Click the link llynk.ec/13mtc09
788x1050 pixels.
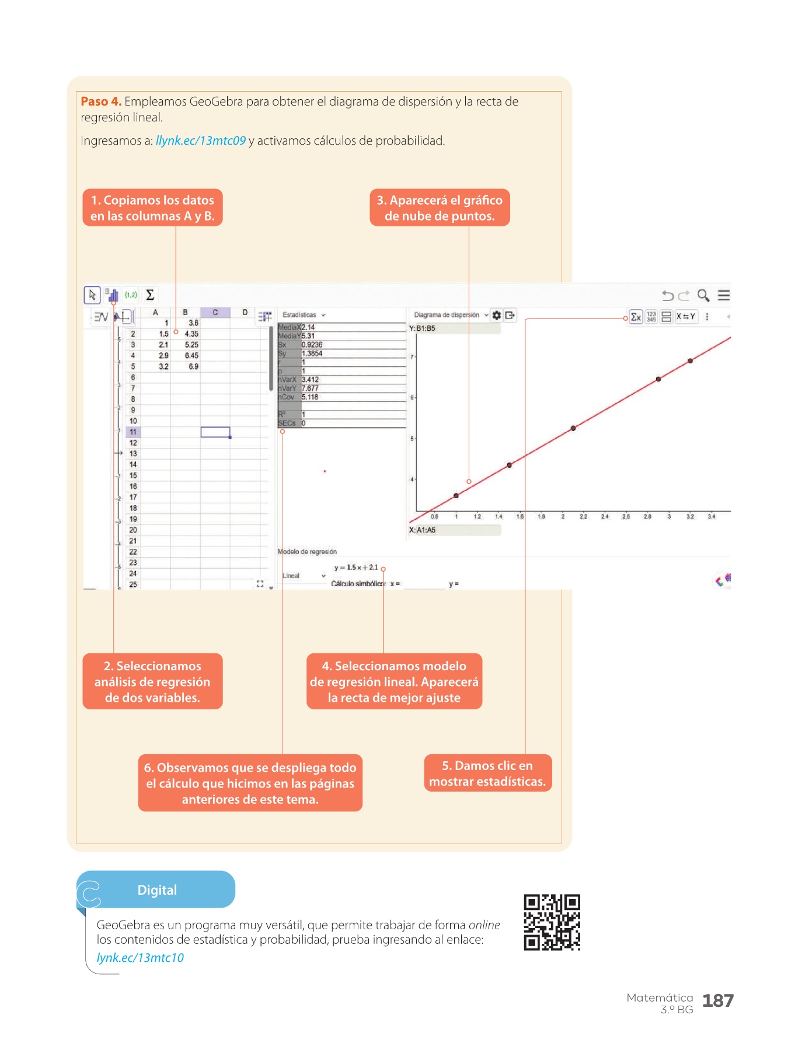coord(201,141)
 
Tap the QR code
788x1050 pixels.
coord(552,922)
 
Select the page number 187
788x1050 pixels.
coord(717,1000)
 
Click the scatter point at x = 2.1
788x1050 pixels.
coord(573,428)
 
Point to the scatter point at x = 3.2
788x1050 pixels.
coord(690,361)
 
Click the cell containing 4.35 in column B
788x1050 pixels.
coord(191,334)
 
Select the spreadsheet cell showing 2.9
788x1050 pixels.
coord(163,356)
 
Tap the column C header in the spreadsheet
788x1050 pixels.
coord(215,313)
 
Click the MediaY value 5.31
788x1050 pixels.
coord(308,336)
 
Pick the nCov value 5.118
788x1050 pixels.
coord(310,397)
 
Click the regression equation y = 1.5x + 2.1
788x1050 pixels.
coord(356,568)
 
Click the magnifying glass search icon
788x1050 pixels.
coord(703,295)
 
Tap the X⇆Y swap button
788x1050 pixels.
coord(686,316)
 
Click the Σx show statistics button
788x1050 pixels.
coord(636,317)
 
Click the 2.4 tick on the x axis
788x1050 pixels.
coord(605,516)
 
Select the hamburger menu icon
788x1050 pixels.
coord(724,295)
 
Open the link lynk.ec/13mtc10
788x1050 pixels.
coord(140,958)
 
